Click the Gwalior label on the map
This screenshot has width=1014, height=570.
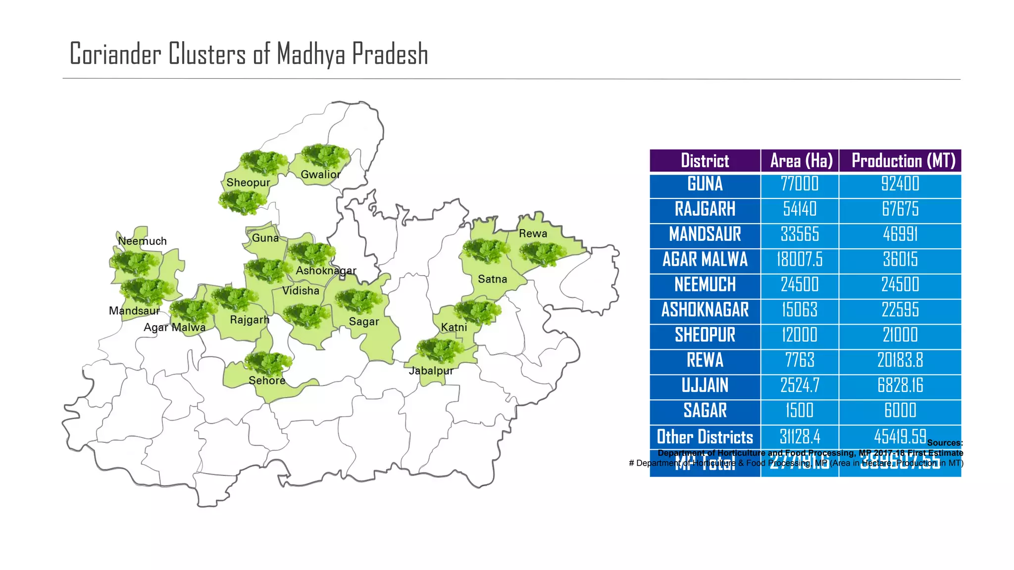pos(320,175)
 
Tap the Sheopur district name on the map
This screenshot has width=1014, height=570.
pos(248,183)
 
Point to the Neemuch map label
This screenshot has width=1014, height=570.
pos(142,241)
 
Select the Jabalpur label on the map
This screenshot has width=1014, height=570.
pos(431,371)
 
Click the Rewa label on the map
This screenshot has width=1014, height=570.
pos(533,234)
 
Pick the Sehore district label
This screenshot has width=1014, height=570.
pos(267,380)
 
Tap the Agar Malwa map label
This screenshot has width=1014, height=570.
pos(174,328)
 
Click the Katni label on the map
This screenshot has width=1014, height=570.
pos(454,328)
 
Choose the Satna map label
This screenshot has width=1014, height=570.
pos(492,279)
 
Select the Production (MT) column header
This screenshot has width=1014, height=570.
pos(903,161)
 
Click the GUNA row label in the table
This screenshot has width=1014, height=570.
pos(705,184)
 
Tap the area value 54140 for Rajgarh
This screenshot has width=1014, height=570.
pos(800,209)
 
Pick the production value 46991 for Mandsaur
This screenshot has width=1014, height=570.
pos(900,235)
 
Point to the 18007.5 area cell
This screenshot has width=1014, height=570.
pos(800,260)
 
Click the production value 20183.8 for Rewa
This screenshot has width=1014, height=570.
pos(900,361)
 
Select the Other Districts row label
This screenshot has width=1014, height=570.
pos(705,437)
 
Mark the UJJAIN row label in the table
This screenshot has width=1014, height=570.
pos(705,386)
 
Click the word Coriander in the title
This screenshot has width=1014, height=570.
pos(115,54)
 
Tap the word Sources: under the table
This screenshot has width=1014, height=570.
pos(945,443)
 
